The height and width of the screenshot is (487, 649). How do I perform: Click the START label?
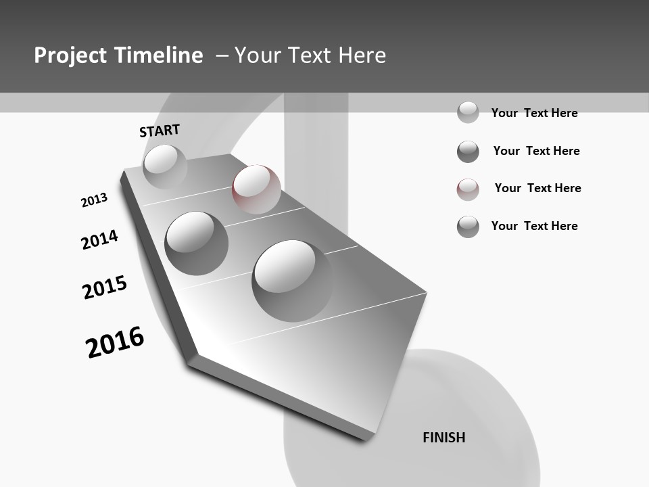[160, 131]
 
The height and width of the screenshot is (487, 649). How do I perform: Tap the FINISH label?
[444, 438]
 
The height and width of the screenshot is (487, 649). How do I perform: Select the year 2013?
[94, 200]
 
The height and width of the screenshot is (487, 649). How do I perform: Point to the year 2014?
[99, 239]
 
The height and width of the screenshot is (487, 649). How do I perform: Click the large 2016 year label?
[115, 342]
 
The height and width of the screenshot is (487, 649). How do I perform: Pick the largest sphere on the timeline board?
[292, 281]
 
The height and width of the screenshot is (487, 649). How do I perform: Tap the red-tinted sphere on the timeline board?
[256, 189]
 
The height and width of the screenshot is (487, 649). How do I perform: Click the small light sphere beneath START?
[165, 166]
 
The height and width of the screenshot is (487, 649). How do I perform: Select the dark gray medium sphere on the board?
[196, 243]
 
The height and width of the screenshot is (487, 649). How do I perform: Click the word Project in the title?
[71, 55]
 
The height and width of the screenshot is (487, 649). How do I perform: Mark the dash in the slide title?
[222, 55]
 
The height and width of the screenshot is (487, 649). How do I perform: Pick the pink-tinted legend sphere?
[468, 189]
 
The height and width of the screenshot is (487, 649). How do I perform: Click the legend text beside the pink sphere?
[537, 188]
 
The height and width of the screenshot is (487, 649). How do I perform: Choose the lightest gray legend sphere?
[468, 112]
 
